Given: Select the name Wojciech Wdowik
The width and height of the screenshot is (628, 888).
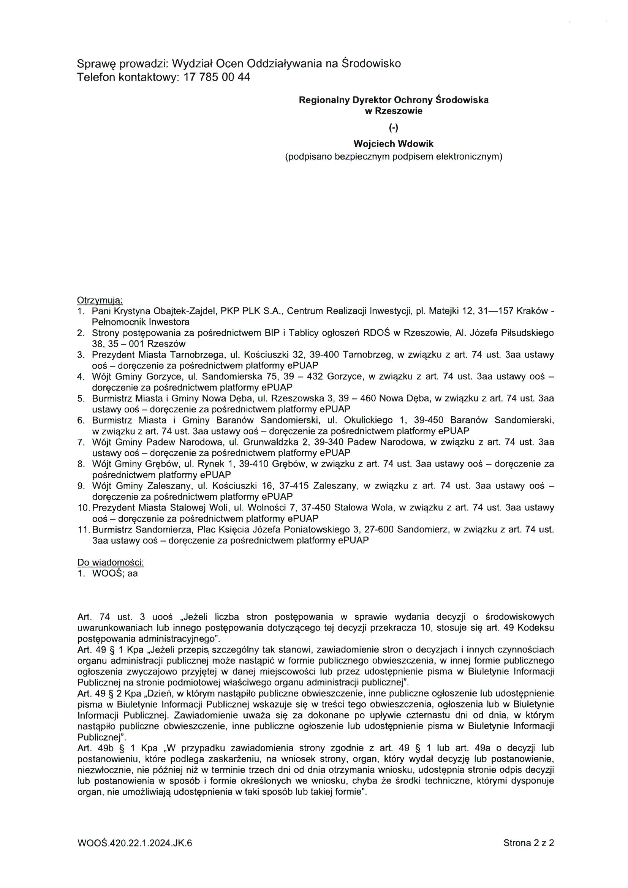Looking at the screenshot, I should click(393, 144).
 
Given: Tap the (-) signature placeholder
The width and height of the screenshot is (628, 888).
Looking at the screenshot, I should click(394, 128).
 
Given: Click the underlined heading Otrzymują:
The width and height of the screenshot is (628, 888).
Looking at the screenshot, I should click(100, 300).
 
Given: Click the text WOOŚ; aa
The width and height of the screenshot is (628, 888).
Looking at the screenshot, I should click(114, 574).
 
